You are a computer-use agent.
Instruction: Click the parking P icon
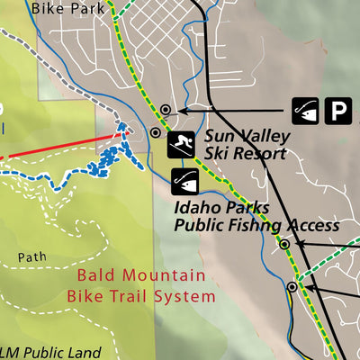pyautogui.click(x=338, y=110)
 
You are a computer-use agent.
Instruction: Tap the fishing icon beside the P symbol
pyautogui.click(x=307, y=110)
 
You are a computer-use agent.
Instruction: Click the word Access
pyautogui.click(x=314, y=225)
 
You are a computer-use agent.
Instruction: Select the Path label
pyautogui.click(x=32, y=257)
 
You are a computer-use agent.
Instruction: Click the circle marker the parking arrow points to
pyautogui.click(x=166, y=111)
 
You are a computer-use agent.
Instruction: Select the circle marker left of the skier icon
pyautogui.click(x=156, y=132)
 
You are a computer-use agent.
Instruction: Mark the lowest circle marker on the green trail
pyautogui.click(x=292, y=287)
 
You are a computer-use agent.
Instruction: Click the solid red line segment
pyautogui.click(x=63, y=147)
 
